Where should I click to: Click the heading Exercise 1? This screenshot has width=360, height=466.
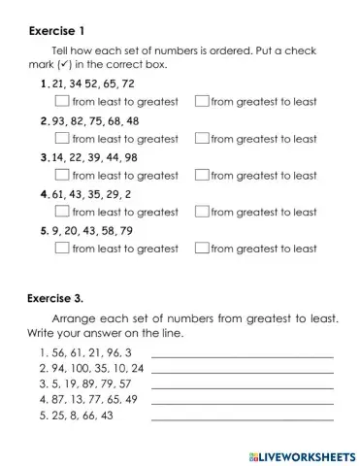click(x=62, y=30)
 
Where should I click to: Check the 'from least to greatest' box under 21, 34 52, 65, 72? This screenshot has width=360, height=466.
click(x=62, y=101)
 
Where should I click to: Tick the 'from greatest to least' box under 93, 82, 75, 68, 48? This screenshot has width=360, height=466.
click(x=202, y=139)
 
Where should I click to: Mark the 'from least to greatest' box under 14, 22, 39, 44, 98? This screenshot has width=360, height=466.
click(x=62, y=176)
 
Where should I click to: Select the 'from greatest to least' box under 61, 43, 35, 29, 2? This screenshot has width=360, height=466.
click(x=202, y=212)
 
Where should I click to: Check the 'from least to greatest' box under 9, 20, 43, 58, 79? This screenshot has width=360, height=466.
click(x=62, y=249)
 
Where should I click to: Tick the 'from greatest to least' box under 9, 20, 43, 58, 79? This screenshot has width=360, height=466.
click(x=202, y=249)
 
